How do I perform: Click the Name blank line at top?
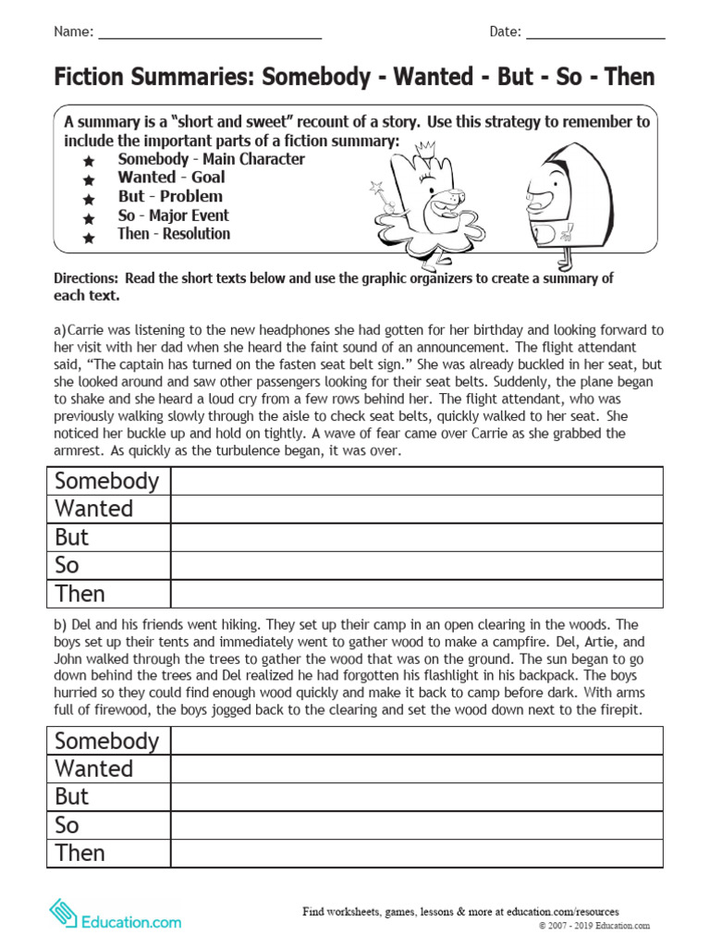(x=210, y=35)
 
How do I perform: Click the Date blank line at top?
(x=595, y=35)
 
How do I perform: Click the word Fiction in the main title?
(x=93, y=77)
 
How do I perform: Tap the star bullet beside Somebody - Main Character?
(x=89, y=161)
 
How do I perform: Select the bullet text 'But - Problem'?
(x=170, y=196)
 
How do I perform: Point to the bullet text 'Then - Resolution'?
(x=174, y=234)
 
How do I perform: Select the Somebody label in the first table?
(x=107, y=481)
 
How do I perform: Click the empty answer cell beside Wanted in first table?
(x=417, y=510)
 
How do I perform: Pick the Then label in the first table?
(x=80, y=594)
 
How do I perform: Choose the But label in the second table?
(x=72, y=797)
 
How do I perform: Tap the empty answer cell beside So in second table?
(x=417, y=825)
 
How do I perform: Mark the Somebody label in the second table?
(x=107, y=741)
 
